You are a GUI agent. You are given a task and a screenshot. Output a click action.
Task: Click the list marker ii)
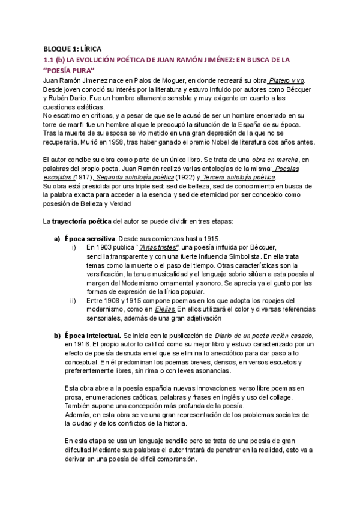click(x=74, y=300)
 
